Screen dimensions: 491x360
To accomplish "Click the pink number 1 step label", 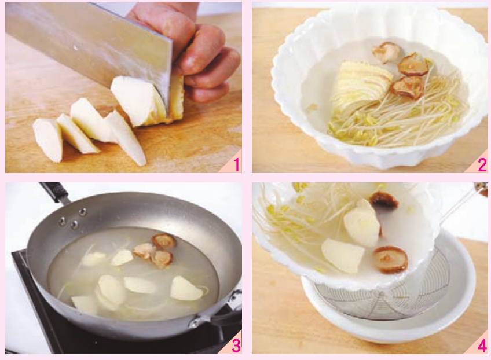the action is coord(236,165).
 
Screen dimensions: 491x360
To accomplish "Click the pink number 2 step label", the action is coord(482,165).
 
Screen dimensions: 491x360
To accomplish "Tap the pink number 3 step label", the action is coord(236,346).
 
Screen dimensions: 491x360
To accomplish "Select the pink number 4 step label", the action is coord(482,346).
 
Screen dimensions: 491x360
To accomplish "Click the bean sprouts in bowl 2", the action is coord(398,119).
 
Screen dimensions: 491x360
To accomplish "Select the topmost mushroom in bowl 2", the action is coord(386,51).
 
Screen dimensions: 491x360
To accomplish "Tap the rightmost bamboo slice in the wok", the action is coord(187,289).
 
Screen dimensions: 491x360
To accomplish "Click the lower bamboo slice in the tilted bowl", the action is coord(342,255).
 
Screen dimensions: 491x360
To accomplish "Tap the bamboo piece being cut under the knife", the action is coord(141,100).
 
